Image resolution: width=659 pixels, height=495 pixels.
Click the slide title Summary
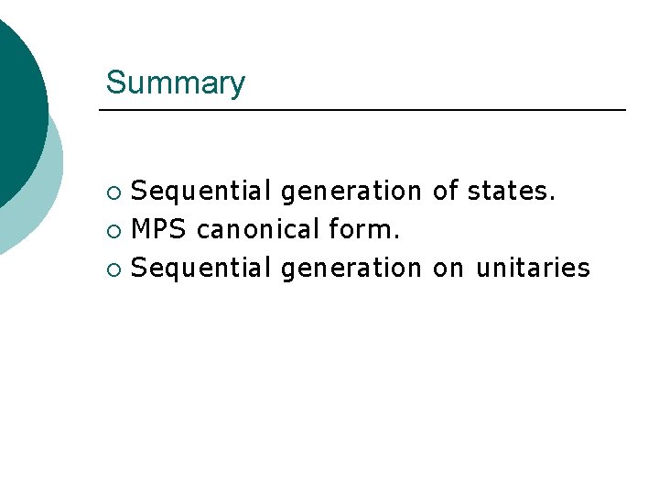(175, 82)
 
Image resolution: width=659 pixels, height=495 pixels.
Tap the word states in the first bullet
(508, 192)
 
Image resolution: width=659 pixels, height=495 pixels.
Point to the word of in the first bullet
(445, 191)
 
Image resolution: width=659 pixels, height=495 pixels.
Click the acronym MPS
(159, 229)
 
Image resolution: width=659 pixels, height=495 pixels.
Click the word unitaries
(533, 268)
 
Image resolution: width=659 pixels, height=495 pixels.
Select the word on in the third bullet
(448, 269)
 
